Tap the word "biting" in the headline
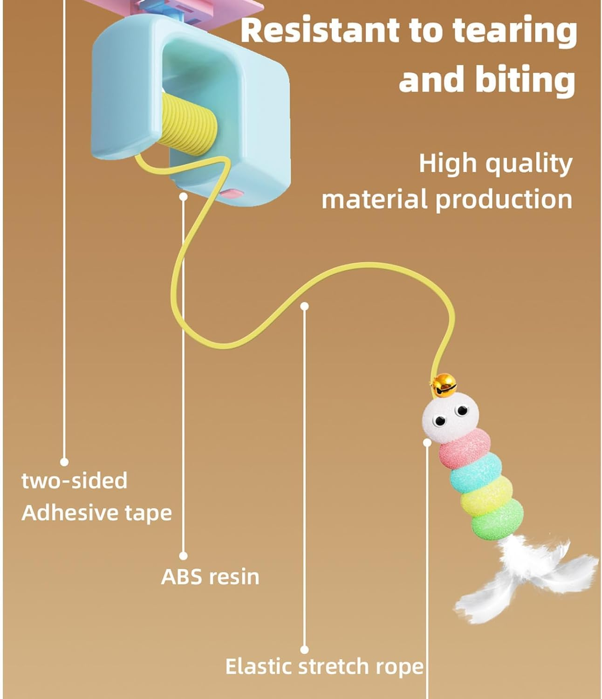[x=525, y=79]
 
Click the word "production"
[x=503, y=199]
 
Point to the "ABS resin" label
[x=210, y=577]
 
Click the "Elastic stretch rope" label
[x=324, y=666]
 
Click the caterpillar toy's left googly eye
[x=438, y=421]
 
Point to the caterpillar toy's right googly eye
[x=462, y=411]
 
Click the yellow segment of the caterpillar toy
[x=486, y=497]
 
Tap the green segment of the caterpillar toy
[x=496, y=521]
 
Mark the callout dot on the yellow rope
[x=304, y=306]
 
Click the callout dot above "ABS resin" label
[x=184, y=197]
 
